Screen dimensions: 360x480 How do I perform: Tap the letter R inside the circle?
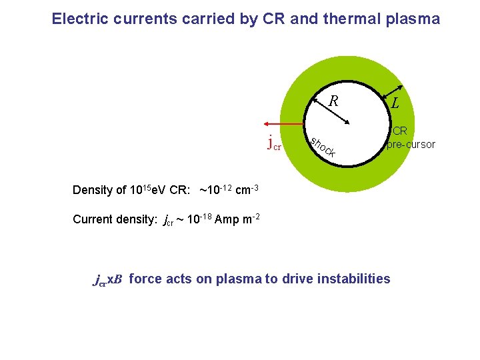tap(334, 101)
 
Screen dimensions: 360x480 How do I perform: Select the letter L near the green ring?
tap(396, 103)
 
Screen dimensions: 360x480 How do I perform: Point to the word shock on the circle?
tap(323, 147)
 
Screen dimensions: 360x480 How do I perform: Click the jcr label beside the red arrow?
tap(273, 142)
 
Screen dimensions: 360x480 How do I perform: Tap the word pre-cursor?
tap(411, 144)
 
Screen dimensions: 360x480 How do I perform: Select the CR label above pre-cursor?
tap(399, 131)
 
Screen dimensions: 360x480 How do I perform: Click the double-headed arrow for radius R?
tap(332, 109)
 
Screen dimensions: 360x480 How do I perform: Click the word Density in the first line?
tap(93, 190)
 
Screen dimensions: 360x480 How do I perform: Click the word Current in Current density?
tap(93, 220)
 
